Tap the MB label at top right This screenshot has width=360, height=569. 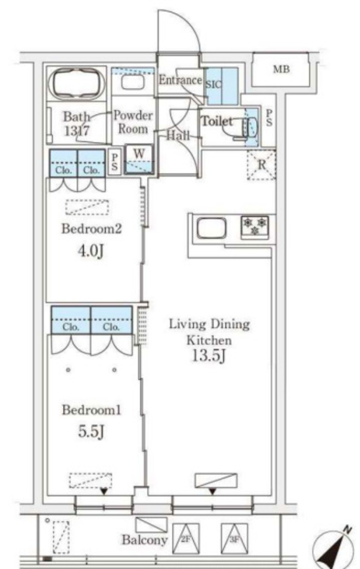tap(281, 69)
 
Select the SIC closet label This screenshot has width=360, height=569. tap(213, 84)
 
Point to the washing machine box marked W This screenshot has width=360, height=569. tap(139, 158)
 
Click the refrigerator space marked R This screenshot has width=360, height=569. tap(261, 164)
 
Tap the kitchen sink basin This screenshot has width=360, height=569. tap(212, 228)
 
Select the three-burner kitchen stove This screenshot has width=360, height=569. tap(255, 227)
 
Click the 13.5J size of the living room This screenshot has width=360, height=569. tap(209, 356)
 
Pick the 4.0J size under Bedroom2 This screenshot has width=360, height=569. tap(91, 251)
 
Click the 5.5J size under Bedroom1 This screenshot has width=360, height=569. tap(91, 431)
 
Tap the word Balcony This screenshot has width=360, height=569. tap(144, 540)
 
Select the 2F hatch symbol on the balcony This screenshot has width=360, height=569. tap(186, 538)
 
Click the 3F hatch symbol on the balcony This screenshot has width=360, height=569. tap(234, 538)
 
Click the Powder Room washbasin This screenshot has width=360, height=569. tap(133, 82)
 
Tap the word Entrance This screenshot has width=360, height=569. tap(181, 79)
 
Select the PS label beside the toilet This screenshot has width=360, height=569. tap(269, 118)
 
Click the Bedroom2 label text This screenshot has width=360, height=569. tap(92, 228)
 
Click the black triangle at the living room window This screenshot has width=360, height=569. tap(212, 491)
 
